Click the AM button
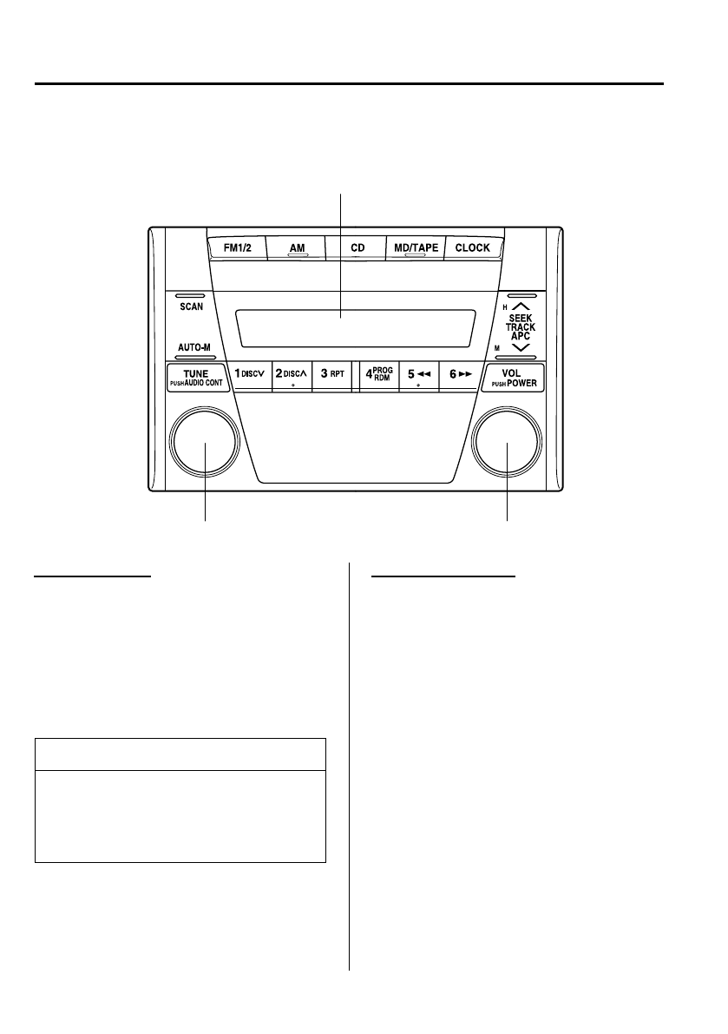[x=297, y=247]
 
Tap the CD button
[x=357, y=247]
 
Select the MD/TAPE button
[x=416, y=247]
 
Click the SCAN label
[x=193, y=308]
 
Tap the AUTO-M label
[x=194, y=347]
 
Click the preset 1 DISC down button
[x=251, y=374]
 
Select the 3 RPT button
[x=332, y=374]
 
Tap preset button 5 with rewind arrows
[x=420, y=374]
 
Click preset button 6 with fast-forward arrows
[x=460, y=374]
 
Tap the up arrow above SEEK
[x=521, y=306]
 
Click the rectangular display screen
[x=354, y=328]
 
